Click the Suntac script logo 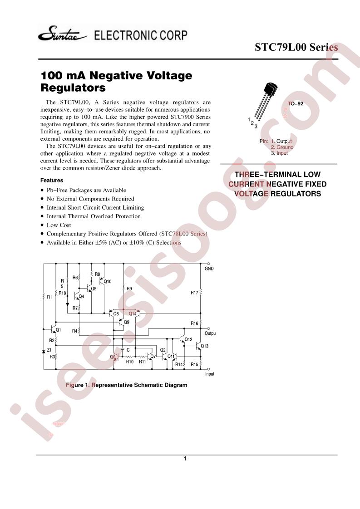pos(62,34)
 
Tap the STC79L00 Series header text pos(296,47)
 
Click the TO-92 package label pos(296,103)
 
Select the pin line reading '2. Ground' pos(282,147)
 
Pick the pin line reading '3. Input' pos(280,153)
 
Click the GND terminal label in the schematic pos(209,269)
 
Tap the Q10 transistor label pos(108,281)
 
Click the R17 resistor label pos(194,293)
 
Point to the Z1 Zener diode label pos(49,350)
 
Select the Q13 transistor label pos(205,346)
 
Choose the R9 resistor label pos(129,289)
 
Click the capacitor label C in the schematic pos(128,350)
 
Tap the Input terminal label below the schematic pos(210,374)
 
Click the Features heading pos(52,180)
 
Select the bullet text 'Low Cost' pos(59,225)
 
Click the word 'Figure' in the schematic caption pos(74,385)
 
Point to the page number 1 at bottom pos(185,458)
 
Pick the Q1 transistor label pos(59,330)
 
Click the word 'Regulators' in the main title pos(73,88)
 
